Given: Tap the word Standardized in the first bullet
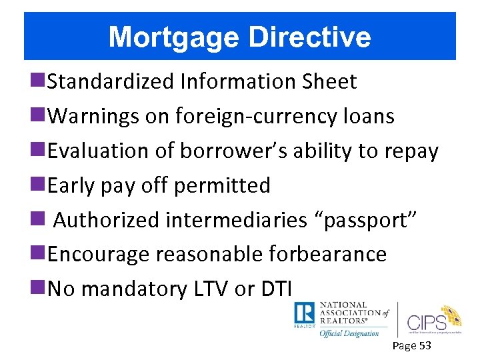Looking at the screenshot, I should tap(110, 81).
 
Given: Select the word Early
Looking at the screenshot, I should tap(71, 185).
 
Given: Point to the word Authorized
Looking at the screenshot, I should tap(106, 220).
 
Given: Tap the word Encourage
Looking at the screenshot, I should tap(99, 255).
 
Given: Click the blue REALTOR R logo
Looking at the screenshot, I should tap(305, 313).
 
